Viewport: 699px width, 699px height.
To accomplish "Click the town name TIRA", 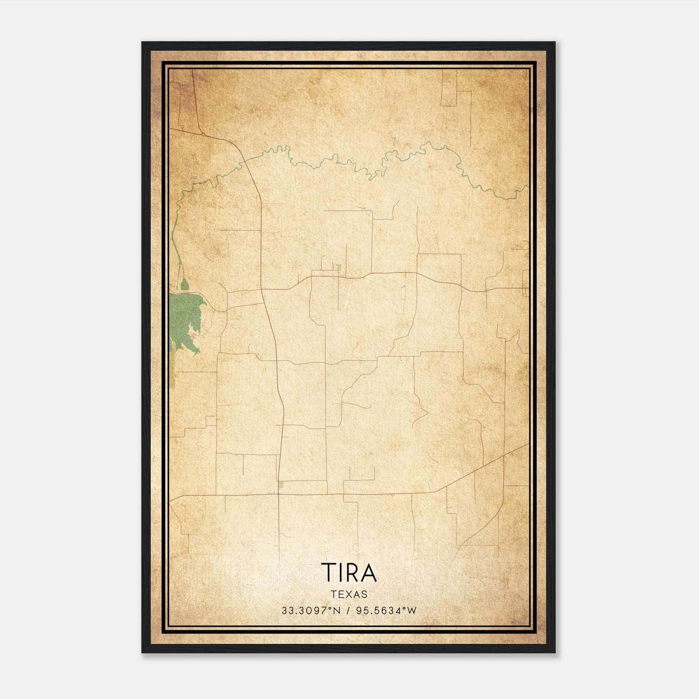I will (x=349, y=573).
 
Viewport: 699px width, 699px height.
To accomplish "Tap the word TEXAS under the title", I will (x=349, y=594).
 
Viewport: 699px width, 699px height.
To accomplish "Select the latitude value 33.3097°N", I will (x=311, y=611).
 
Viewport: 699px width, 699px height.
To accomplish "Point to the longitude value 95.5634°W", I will (x=386, y=611).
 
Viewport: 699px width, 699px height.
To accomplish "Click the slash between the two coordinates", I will (x=348, y=611).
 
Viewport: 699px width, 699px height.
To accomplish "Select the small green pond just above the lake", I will (x=185, y=285).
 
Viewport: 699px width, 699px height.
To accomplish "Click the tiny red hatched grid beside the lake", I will (x=193, y=336).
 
